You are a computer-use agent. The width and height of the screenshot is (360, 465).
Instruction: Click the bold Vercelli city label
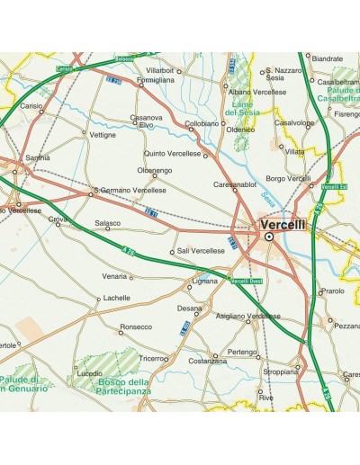click(x=283, y=224)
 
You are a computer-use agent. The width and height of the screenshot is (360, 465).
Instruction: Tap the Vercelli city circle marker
click(x=268, y=237)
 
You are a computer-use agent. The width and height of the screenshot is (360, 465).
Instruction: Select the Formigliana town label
click(x=155, y=80)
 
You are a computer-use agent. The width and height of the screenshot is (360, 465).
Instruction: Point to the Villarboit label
click(x=159, y=69)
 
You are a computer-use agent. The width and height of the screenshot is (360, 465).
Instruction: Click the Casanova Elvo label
click(x=147, y=121)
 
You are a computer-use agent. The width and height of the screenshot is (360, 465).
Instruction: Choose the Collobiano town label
click(x=202, y=123)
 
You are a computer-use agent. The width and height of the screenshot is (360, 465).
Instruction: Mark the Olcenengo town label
click(x=154, y=170)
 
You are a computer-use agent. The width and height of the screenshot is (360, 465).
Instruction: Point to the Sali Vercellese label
click(x=201, y=251)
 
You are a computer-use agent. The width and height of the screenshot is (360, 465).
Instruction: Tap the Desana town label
click(x=189, y=309)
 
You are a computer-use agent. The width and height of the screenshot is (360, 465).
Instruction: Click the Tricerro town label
click(x=151, y=357)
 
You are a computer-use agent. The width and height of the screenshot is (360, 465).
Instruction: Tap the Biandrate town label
click(x=328, y=58)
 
